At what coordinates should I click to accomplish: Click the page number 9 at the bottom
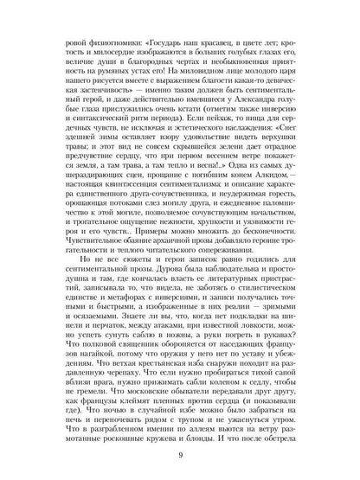click(180, 457)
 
